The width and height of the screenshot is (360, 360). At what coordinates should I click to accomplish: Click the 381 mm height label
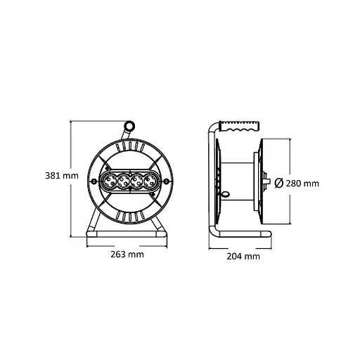pyautogui.click(x=58, y=176)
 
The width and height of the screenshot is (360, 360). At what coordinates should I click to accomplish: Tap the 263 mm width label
pyautogui.click(x=127, y=255)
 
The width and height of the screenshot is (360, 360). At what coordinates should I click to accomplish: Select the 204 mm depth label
pyautogui.click(x=243, y=257)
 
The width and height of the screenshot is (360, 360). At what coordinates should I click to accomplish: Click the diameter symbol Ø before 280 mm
pyautogui.click(x=278, y=184)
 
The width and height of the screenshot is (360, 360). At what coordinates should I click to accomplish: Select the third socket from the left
pyautogui.click(x=136, y=182)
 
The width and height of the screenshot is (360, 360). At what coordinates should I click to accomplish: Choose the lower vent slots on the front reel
pyautogui.click(x=129, y=215)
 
